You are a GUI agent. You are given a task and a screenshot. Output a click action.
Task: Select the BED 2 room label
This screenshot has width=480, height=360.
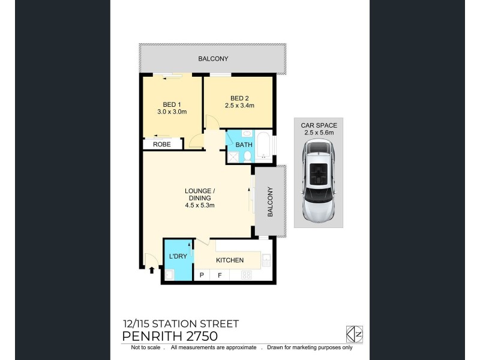pos(239,98)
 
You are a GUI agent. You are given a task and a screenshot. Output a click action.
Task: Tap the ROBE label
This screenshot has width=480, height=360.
pos(161,145)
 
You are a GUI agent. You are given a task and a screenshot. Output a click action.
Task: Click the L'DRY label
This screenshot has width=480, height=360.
pos(178,256)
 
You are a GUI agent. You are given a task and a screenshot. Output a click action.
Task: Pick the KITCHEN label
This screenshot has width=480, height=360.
pos(230,260)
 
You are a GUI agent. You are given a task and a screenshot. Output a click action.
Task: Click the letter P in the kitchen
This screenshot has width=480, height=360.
pos(202,275)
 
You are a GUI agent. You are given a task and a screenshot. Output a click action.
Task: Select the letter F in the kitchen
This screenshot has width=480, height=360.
pos(220,275)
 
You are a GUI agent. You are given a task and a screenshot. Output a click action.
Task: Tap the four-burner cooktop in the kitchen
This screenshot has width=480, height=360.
pos(245,275)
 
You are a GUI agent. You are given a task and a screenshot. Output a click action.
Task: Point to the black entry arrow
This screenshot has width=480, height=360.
pos(151,270)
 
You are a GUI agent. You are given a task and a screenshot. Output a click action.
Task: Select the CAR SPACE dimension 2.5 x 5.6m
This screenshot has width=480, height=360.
pos(319,133)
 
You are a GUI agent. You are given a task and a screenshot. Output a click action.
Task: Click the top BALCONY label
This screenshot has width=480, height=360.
pos(214,59)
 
